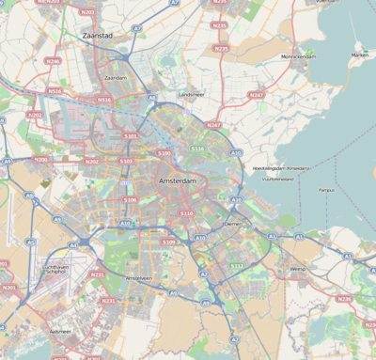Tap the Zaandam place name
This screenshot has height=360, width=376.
tap(116, 78)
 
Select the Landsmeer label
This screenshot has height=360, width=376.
tap(191, 95)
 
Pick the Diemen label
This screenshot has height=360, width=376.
tap(233, 224)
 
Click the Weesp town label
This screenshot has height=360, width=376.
tap(298, 270)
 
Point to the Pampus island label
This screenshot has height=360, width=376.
tap(325, 190)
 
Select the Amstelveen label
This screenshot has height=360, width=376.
tap(138, 278)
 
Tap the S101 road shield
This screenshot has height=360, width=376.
tap(130, 136)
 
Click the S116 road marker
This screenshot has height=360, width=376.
tap(197, 149)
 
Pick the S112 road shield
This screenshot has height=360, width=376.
tap(236, 266)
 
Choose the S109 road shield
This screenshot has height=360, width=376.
tap(168, 242)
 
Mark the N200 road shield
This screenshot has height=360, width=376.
tap(41, 160)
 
